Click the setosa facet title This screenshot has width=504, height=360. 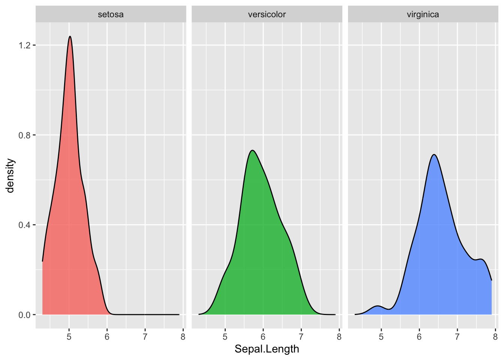tap(111, 15)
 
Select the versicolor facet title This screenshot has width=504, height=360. tap(267, 15)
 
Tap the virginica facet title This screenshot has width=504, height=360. tap(423, 15)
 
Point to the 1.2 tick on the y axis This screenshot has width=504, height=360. tap(25, 45)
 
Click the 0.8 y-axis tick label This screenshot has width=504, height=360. tap(25, 135)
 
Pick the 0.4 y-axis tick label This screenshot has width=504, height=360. tap(25, 225)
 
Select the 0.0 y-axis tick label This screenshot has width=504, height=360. tap(25, 315)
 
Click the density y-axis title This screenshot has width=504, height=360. tap(10, 175)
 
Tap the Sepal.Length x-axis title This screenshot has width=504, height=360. tap(267, 349)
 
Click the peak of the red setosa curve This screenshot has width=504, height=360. tap(70, 36)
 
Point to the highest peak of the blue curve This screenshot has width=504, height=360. tap(434, 154)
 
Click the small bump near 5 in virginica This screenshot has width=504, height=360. tap(378, 306)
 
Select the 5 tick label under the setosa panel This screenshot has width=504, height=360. tap(69, 336)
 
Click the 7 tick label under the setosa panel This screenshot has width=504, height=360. tap(145, 336)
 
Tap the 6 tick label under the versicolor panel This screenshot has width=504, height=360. tap(263, 336)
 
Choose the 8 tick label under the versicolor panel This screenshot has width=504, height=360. tap(339, 336)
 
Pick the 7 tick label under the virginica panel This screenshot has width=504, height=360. tap(457, 336)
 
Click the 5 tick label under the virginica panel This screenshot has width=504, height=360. tap(381, 336)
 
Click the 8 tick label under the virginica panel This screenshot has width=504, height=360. tap(495, 336)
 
